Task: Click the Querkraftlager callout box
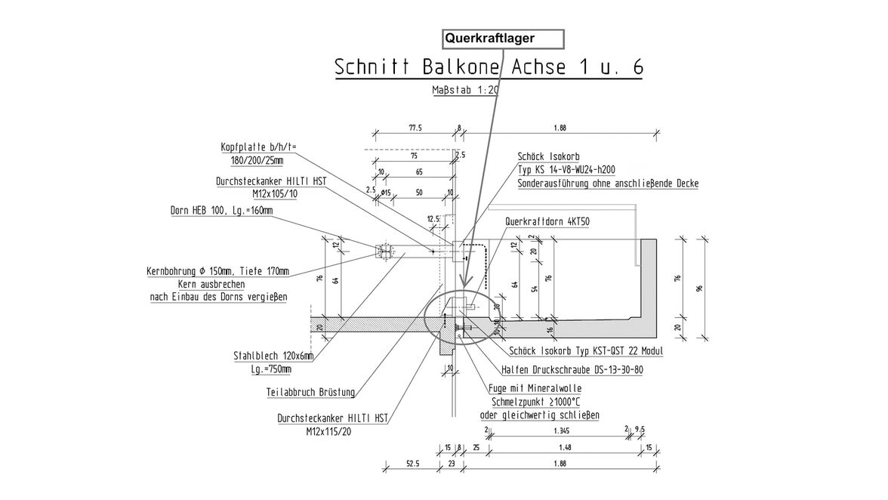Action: point(502,38)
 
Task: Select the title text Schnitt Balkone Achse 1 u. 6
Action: point(489,67)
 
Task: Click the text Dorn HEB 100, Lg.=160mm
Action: point(221,211)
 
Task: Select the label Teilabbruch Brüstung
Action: point(311,393)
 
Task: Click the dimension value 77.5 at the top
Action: point(415,128)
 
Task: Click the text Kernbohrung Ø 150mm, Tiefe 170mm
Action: point(217,271)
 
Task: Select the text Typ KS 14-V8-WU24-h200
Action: point(576,171)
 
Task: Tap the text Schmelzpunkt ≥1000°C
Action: point(539,402)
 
